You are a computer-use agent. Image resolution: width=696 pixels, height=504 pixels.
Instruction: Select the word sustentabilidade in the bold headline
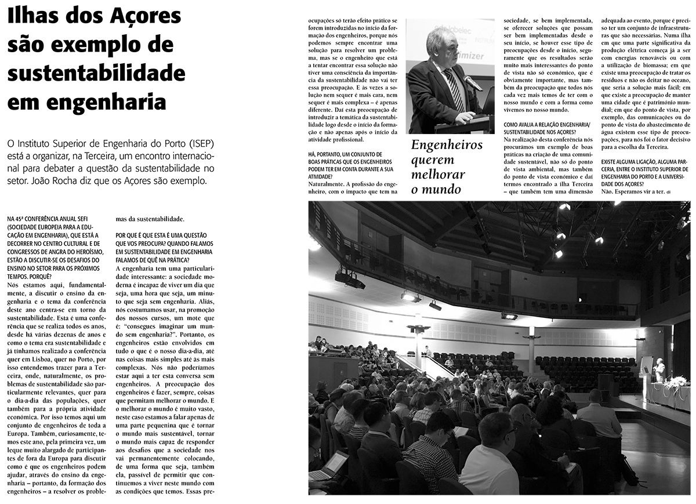pos(96,74)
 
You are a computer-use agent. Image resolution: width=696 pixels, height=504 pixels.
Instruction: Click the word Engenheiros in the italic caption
pos(446,144)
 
